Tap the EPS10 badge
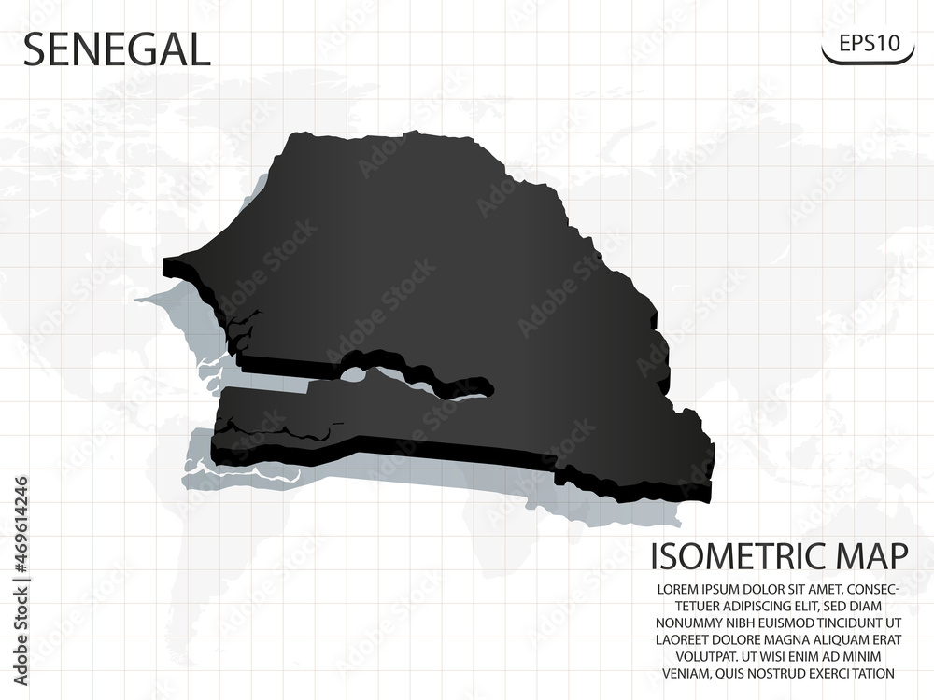coord(868,43)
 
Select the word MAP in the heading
coord(872,557)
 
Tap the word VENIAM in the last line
coord(686,673)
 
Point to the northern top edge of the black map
coord(374,137)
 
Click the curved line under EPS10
coord(868,62)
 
